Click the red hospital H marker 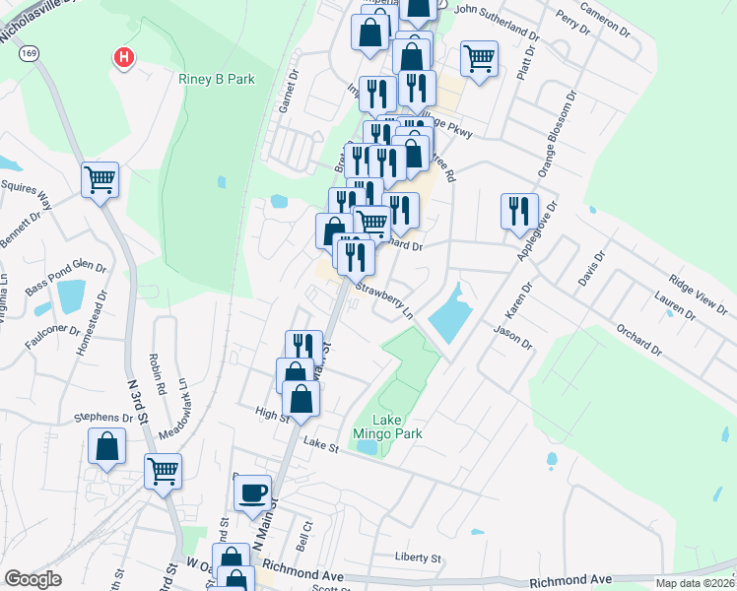[123, 58]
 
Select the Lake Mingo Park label [387, 427]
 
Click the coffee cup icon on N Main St [253, 492]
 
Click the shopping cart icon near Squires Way [100, 179]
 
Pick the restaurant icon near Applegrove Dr [518, 210]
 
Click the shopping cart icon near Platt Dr [479, 58]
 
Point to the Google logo [33, 579]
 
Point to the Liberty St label [419, 558]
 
